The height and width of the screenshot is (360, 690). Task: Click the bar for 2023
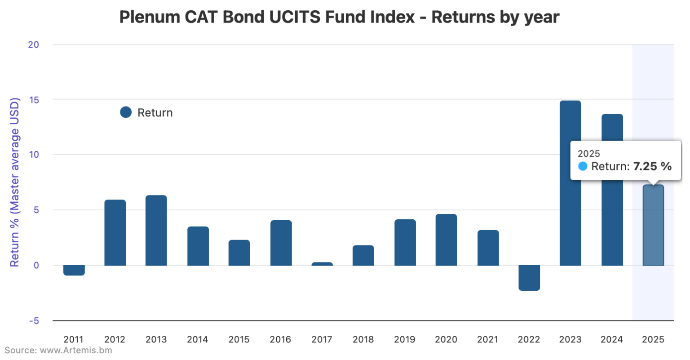570,183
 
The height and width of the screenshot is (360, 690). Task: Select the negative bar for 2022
529,278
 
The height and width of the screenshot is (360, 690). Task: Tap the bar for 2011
74,270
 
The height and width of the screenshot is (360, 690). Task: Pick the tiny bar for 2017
322,264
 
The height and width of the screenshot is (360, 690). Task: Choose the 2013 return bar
156,230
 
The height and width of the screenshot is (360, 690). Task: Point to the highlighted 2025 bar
653,225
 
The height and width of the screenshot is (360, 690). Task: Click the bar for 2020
446,240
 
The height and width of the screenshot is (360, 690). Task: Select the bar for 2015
239,253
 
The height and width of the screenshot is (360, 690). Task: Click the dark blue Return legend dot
126,112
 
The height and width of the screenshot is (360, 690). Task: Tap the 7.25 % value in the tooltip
652,166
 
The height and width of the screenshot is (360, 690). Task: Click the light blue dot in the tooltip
583,166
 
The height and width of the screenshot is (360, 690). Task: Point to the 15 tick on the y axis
34,100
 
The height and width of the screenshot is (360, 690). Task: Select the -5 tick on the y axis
34,321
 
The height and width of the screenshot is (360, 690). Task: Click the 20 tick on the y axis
34,44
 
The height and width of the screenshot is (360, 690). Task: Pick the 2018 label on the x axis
363,339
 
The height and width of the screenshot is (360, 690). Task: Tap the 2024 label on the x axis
611,339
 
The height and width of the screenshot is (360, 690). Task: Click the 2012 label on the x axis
115,339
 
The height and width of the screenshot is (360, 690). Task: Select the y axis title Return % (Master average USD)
15,182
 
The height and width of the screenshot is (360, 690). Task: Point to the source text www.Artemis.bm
76,350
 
